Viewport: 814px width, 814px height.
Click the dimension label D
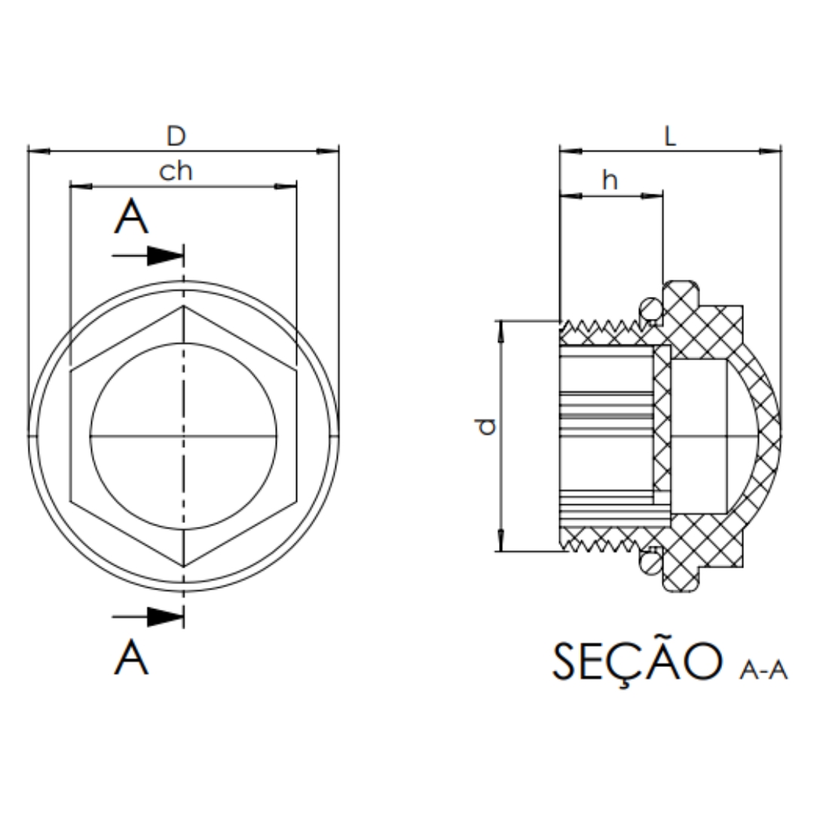point(176,136)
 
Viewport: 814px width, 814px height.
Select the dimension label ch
point(176,171)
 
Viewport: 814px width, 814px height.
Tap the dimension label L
point(670,136)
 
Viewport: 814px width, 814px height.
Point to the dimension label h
point(610,180)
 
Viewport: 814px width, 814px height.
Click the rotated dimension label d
point(486,427)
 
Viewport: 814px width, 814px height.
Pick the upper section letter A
point(131,218)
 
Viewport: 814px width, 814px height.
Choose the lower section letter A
point(131,658)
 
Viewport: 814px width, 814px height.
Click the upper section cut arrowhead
point(166,256)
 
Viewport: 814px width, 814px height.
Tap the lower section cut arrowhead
point(166,617)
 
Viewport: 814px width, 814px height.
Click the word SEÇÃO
point(638,663)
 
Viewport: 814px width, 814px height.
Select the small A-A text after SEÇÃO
point(764,670)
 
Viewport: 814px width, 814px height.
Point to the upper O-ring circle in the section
point(650,310)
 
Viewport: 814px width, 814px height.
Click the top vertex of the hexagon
point(184,306)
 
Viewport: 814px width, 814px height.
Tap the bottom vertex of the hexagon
point(184,566)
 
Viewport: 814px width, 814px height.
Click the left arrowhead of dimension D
point(39,151)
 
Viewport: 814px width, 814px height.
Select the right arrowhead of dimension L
point(770,151)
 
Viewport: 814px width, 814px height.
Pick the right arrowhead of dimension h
point(652,196)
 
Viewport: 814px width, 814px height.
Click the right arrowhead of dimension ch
point(286,186)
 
